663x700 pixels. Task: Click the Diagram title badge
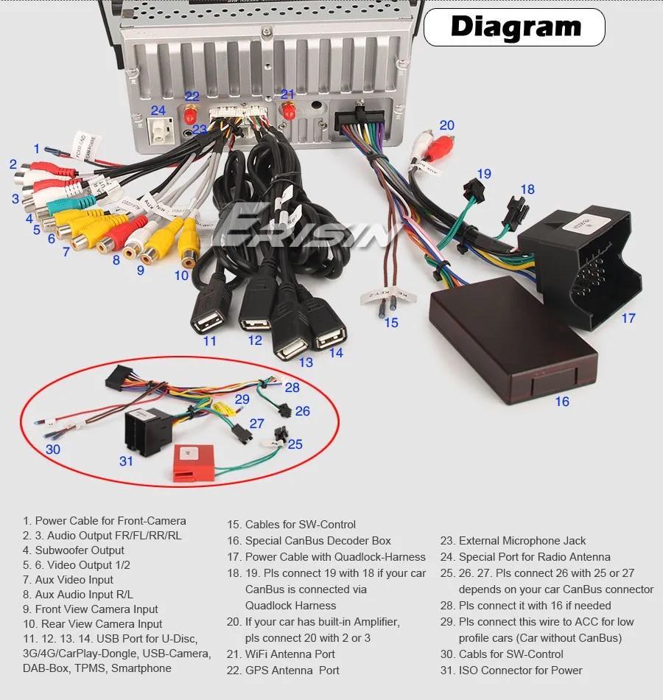pyautogui.click(x=515, y=27)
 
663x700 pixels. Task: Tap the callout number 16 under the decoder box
pyautogui.click(x=562, y=402)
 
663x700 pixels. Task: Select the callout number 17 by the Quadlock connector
pyautogui.click(x=628, y=318)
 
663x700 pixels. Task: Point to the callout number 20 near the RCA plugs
pyautogui.click(x=447, y=125)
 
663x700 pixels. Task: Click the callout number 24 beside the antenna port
pyautogui.click(x=158, y=111)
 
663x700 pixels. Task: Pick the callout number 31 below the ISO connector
pyautogui.click(x=127, y=461)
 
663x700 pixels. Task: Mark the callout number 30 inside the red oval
pyautogui.click(x=53, y=449)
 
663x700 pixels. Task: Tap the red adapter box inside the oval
pyautogui.click(x=194, y=463)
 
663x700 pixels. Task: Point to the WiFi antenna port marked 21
pyautogui.click(x=288, y=113)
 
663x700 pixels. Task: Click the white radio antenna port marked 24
pyautogui.click(x=158, y=133)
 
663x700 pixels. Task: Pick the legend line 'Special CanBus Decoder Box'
pyautogui.click(x=318, y=541)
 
